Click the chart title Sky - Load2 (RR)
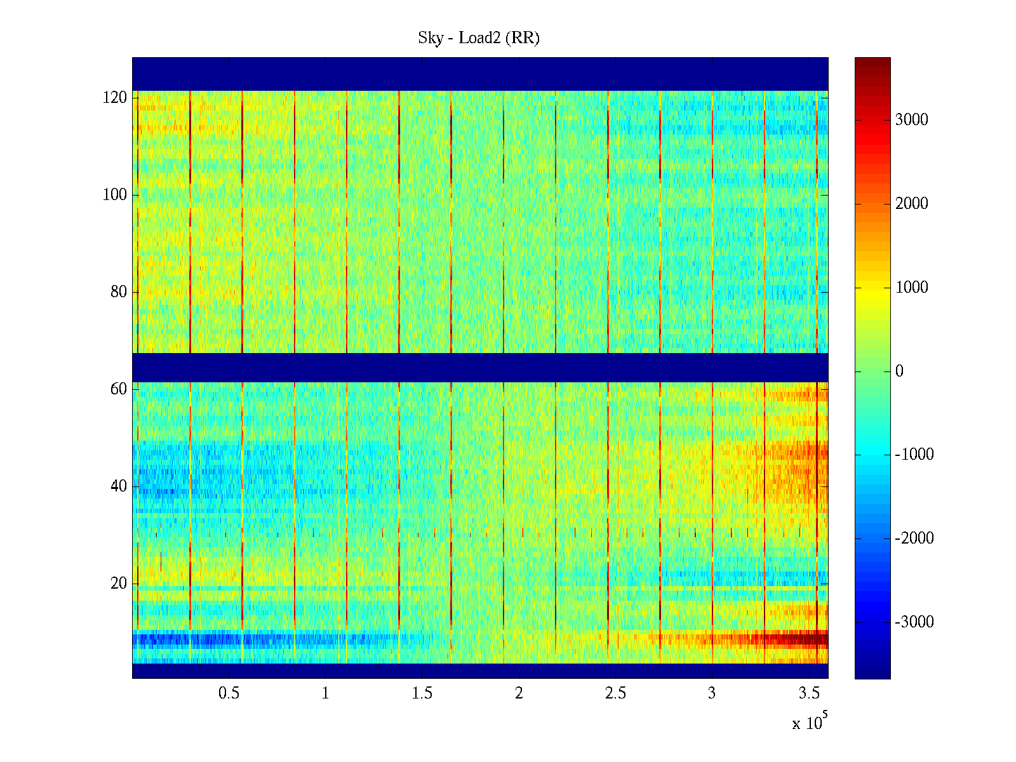(479, 38)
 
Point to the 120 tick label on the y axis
(115, 98)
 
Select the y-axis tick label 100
(115, 195)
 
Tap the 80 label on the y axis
(119, 292)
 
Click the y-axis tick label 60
(119, 389)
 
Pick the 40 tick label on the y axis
(119, 486)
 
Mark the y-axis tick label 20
(119, 584)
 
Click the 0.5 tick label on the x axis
(229, 693)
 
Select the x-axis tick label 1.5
(422, 693)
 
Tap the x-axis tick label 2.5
(615, 693)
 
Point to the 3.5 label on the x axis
(808, 693)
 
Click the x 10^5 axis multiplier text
(810, 722)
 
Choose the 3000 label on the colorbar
(912, 120)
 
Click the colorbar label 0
(899, 371)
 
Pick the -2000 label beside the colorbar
(914, 538)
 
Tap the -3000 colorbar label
(914, 622)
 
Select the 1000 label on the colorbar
(912, 288)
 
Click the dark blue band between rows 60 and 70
(480, 368)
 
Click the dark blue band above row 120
(480, 74)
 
